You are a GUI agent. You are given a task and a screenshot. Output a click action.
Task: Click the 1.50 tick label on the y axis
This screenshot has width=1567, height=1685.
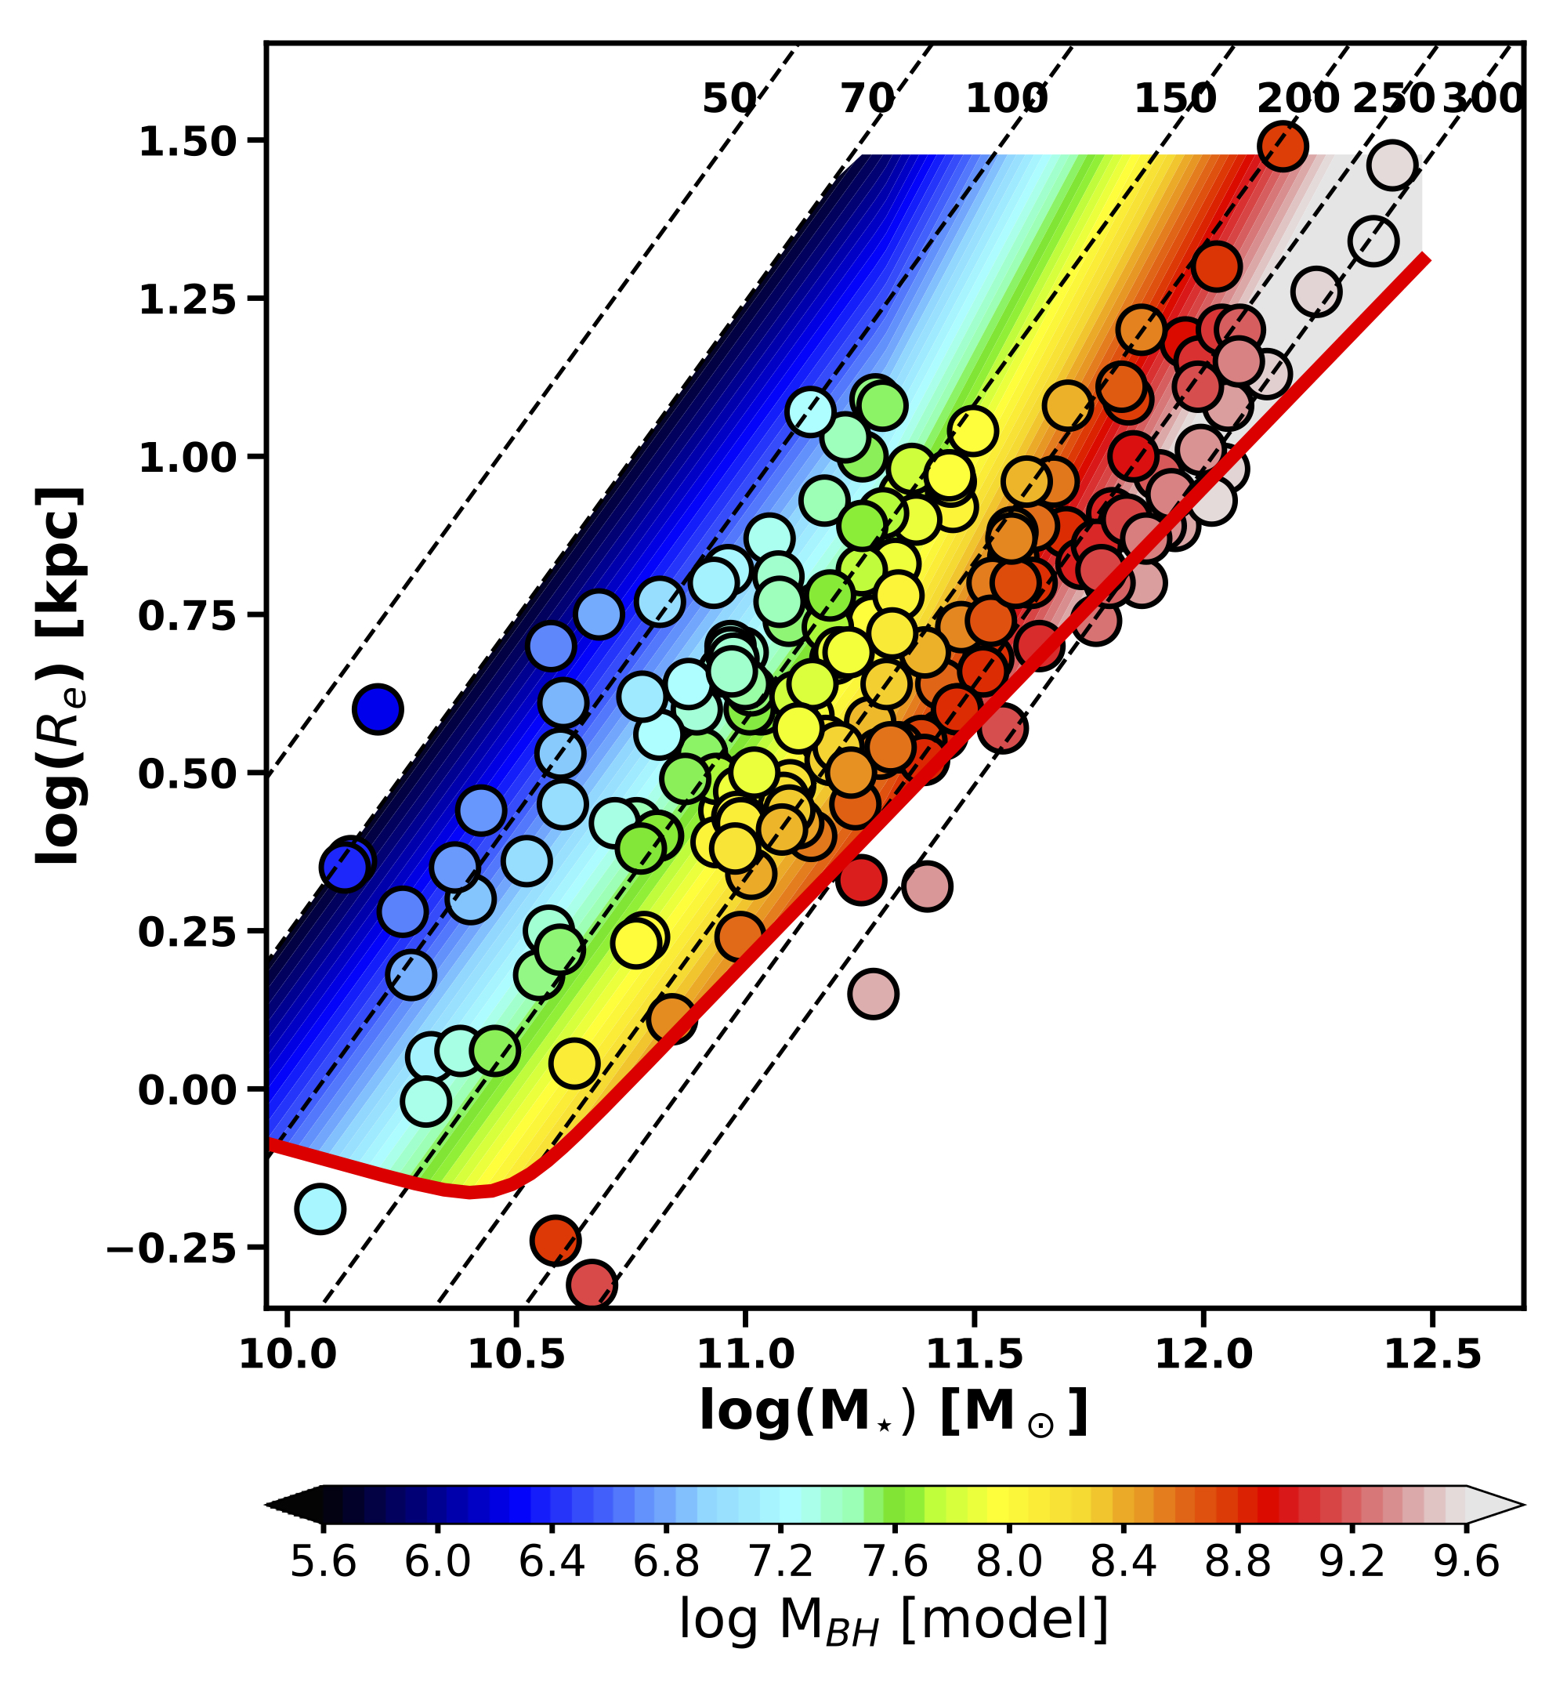click(x=186, y=142)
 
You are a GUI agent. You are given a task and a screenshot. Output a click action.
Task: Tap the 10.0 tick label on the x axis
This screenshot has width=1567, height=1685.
click(x=288, y=1354)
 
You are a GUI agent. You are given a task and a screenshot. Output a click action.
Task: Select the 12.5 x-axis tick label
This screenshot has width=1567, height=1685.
click(x=1431, y=1354)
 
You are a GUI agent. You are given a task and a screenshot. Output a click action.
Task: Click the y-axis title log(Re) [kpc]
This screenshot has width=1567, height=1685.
click(x=60, y=676)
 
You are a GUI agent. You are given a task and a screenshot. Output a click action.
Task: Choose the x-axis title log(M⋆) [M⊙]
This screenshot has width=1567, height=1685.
click(x=892, y=1414)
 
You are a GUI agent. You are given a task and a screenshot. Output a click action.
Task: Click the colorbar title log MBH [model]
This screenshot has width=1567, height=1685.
click(x=892, y=1621)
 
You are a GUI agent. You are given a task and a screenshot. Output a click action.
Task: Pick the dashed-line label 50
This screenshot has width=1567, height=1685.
click(x=727, y=100)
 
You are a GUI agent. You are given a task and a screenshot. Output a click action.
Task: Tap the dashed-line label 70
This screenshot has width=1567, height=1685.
click(x=866, y=100)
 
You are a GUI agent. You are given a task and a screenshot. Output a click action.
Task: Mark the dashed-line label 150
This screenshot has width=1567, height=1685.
click(x=1174, y=100)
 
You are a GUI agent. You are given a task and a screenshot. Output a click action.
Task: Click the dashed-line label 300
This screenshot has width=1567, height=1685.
click(x=1482, y=100)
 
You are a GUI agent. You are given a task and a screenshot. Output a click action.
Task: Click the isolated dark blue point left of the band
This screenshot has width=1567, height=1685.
click(x=377, y=708)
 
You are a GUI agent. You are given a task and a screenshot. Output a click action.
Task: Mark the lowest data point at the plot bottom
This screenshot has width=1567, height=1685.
click(x=592, y=1286)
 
